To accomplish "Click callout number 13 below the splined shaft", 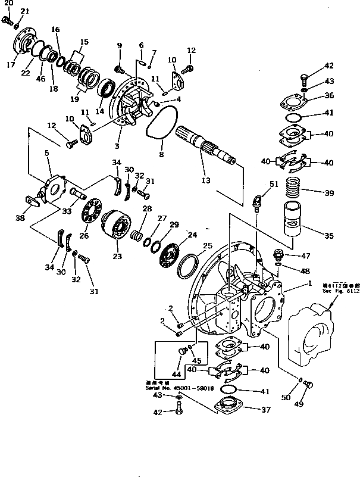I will tap(205, 180).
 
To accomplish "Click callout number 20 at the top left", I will tap(7, 4).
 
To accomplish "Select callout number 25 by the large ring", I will tap(208, 245).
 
